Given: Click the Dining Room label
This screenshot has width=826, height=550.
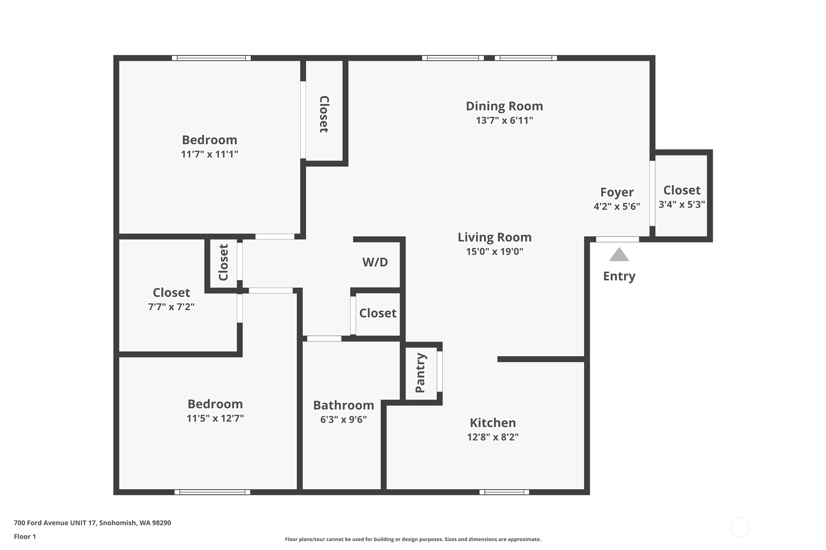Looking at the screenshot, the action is (x=504, y=106).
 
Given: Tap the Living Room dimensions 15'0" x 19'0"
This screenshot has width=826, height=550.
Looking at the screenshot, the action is (x=495, y=251).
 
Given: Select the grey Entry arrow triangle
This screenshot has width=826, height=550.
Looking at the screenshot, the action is (x=619, y=254).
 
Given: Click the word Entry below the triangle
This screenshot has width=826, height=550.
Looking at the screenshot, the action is (x=619, y=276).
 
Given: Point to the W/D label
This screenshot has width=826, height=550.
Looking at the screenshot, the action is (x=375, y=262).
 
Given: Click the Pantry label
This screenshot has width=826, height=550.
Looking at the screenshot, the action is (x=421, y=373).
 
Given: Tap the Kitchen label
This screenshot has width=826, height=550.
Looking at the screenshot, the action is (x=493, y=423).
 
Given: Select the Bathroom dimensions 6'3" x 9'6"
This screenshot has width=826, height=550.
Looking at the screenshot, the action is (x=343, y=419).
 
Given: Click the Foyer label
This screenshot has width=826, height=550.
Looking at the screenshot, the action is (x=617, y=192).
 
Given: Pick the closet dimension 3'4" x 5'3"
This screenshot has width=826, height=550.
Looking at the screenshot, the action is (x=682, y=204).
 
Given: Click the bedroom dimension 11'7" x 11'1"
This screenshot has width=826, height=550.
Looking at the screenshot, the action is (x=209, y=154).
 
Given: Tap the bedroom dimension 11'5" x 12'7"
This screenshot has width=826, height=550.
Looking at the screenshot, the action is (x=215, y=418).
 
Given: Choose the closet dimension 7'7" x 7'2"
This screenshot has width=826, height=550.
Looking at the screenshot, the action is (x=171, y=306).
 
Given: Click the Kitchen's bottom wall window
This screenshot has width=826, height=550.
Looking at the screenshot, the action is (x=504, y=492).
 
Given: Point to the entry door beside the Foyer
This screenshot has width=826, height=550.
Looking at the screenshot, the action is (x=617, y=239).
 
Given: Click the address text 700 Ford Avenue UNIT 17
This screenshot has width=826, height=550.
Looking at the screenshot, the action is (x=55, y=523).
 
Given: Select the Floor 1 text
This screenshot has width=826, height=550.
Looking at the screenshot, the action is (x=25, y=536).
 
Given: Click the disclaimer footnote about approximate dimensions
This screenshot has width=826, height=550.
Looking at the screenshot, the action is (x=413, y=539).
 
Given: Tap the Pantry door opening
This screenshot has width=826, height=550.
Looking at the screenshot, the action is (x=440, y=372).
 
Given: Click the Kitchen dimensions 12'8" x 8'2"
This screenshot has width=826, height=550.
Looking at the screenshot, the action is (x=493, y=437).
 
